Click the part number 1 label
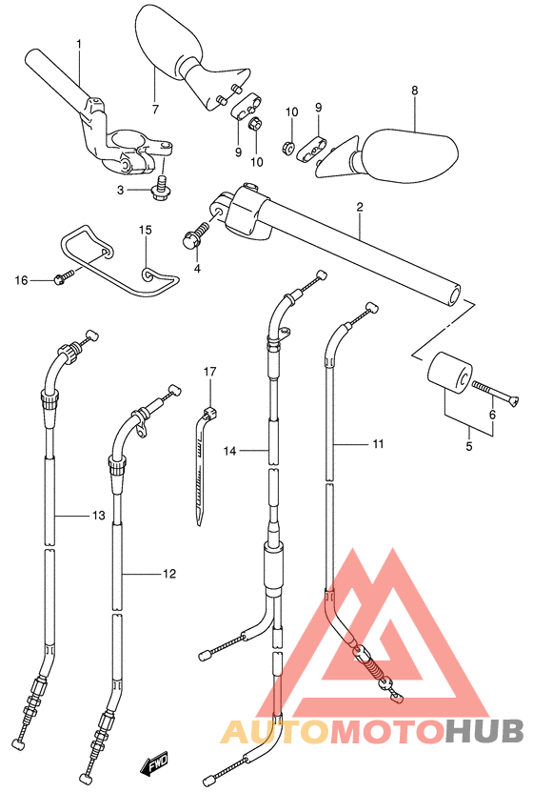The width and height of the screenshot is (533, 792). click(x=79, y=44)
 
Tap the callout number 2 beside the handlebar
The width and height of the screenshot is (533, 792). click(x=360, y=207)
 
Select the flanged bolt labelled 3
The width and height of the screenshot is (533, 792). click(x=161, y=188)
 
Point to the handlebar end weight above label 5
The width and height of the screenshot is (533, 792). click(x=449, y=373)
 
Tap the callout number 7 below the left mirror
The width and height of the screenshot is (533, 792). click(x=155, y=109)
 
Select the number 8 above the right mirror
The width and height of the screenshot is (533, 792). click(x=414, y=91)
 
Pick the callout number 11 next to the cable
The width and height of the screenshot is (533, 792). click(x=378, y=444)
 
